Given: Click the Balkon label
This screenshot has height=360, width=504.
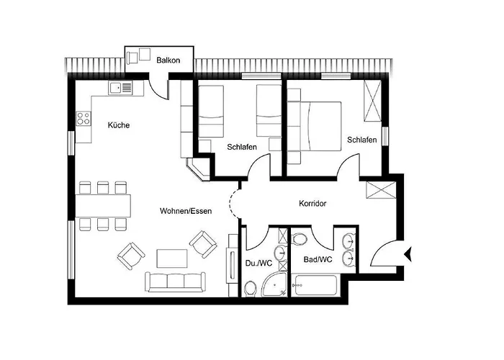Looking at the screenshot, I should coord(168,60).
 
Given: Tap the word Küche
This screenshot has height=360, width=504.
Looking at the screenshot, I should coord(119,125).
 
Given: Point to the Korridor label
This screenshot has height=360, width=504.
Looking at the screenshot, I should coord(312,204).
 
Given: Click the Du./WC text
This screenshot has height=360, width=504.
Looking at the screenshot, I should coord(257,263).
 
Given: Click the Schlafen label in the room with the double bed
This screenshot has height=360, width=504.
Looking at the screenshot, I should coord(361,140).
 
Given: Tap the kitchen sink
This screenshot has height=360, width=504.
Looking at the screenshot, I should coord(121,88).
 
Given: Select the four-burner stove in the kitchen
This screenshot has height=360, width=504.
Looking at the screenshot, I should coord(81,117).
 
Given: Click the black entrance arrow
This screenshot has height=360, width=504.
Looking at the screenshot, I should coord(408,253).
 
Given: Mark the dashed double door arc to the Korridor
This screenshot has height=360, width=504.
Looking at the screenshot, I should coord(234,204).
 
